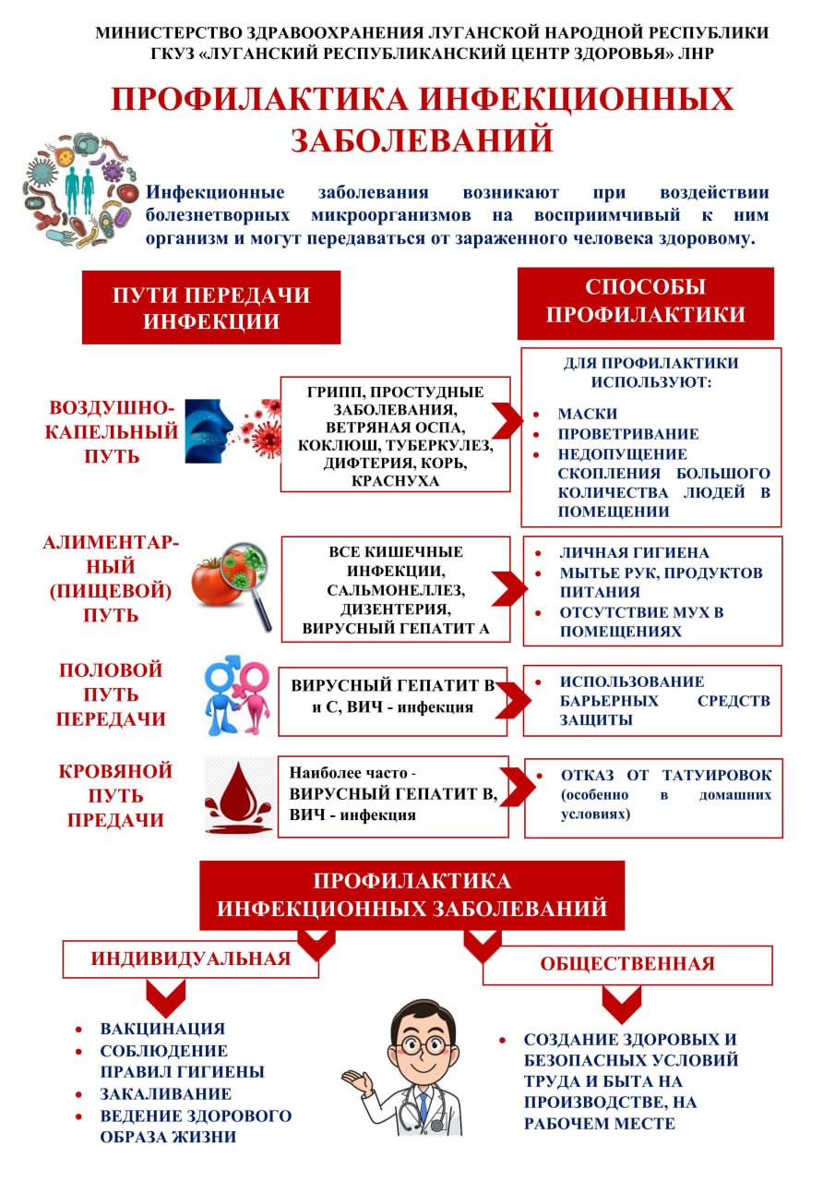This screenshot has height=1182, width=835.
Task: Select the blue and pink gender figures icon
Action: pyautogui.click(x=235, y=694)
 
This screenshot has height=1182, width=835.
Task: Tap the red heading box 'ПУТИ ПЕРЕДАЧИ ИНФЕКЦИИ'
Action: pyautogui.click(x=211, y=308)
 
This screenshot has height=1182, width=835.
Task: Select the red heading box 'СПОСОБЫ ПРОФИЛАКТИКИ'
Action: pyautogui.click(x=645, y=301)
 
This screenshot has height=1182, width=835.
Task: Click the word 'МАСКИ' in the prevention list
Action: pyautogui.click(x=588, y=414)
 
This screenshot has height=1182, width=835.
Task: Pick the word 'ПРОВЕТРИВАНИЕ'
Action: pyautogui.click(x=628, y=434)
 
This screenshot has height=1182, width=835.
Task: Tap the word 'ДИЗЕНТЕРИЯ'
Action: pyautogui.click(x=395, y=610)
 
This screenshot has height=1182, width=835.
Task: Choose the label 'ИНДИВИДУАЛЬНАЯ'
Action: pyautogui.click(x=191, y=959)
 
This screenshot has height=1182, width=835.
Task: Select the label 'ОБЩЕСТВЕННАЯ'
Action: pyautogui.click(x=627, y=964)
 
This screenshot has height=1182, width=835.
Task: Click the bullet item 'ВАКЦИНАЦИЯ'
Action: pyautogui.click(x=162, y=1029)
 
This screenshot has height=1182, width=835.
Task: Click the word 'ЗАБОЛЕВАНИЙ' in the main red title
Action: pyautogui.click(x=423, y=139)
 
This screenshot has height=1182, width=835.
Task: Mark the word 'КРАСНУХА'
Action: pyautogui.click(x=395, y=481)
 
